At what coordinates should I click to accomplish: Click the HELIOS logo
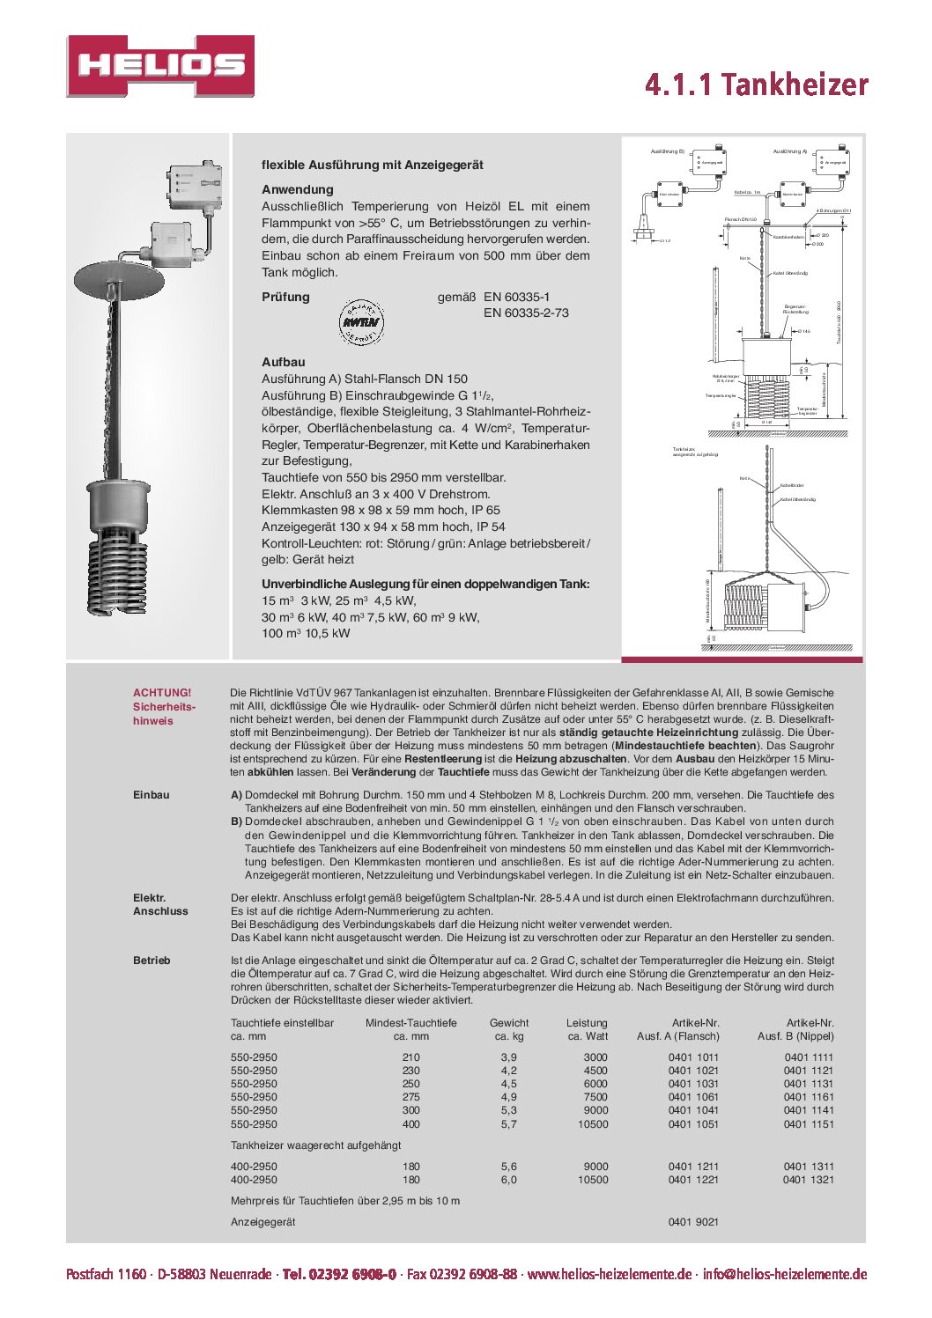(160, 66)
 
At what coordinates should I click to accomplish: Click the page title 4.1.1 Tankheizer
(756, 85)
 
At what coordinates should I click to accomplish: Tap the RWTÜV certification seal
(360, 322)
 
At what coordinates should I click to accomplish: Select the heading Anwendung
(297, 189)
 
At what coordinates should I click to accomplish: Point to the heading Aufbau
(283, 362)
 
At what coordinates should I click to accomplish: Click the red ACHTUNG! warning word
(161, 693)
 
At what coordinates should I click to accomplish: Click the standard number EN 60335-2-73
(526, 313)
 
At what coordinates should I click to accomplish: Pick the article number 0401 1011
(693, 1057)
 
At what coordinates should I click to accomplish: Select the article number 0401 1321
(808, 1180)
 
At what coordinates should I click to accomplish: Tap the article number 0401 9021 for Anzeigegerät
(693, 1222)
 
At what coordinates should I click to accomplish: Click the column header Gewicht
(509, 1023)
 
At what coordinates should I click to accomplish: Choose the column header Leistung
(587, 1023)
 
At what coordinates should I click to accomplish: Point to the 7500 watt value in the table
(595, 1097)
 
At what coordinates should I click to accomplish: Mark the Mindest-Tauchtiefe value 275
(411, 1097)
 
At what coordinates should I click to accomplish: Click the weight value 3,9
(508, 1057)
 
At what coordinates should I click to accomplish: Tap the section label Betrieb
(152, 961)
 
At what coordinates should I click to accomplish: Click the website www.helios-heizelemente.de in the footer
(609, 1274)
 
